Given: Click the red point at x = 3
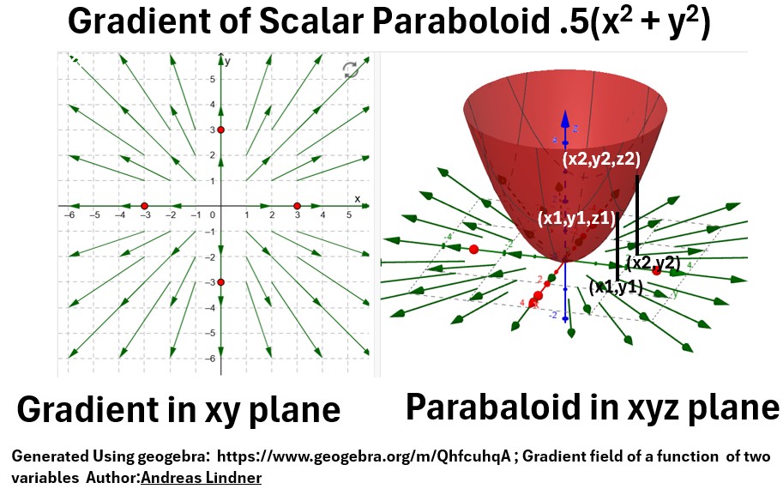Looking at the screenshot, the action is (x=297, y=206).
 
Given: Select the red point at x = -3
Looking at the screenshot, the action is (x=144, y=206).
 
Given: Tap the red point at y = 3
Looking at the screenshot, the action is (x=220, y=130).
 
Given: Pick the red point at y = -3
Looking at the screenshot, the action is (x=220, y=282).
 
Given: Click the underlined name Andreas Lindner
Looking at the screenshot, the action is (x=202, y=478).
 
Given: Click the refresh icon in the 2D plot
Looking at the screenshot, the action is (x=351, y=70).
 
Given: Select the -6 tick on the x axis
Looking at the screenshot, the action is (x=69, y=214).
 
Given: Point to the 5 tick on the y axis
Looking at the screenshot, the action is (x=212, y=79).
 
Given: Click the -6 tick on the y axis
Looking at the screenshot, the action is (x=211, y=358).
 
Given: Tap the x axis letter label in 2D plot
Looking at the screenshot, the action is (x=357, y=199).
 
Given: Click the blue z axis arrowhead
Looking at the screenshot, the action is (x=565, y=118).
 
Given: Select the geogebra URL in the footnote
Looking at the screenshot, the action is (x=364, y=456).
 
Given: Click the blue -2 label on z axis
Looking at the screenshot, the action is (x=553, y=315).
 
